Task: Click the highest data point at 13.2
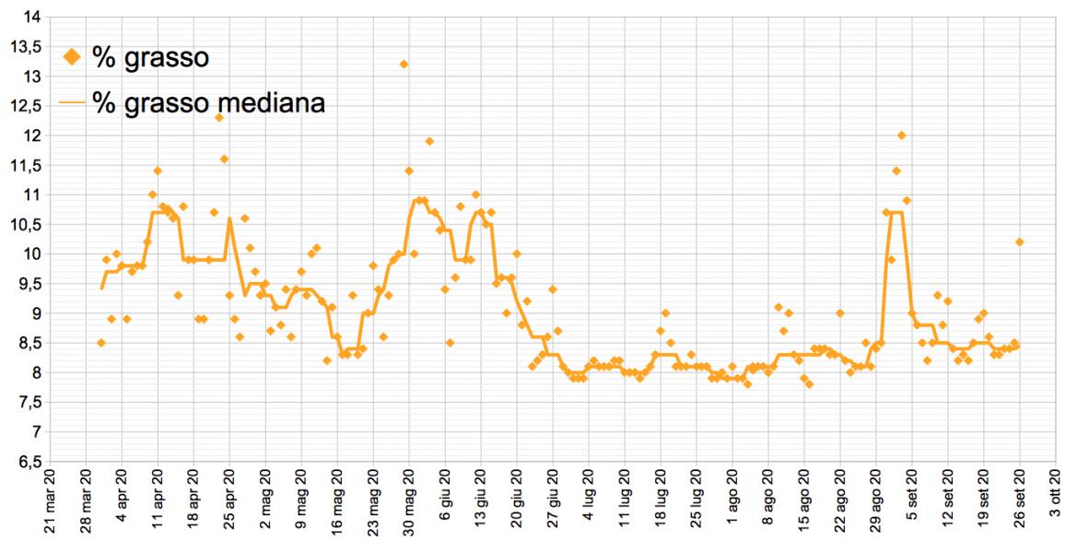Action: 404,64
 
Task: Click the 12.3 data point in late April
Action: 219,117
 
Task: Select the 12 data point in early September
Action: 902,135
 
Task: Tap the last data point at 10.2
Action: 1020,241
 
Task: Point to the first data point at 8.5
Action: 101,343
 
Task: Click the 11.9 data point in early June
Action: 429,141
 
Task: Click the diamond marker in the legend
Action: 72,58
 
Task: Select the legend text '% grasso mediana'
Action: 208,102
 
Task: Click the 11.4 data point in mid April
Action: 158,171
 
